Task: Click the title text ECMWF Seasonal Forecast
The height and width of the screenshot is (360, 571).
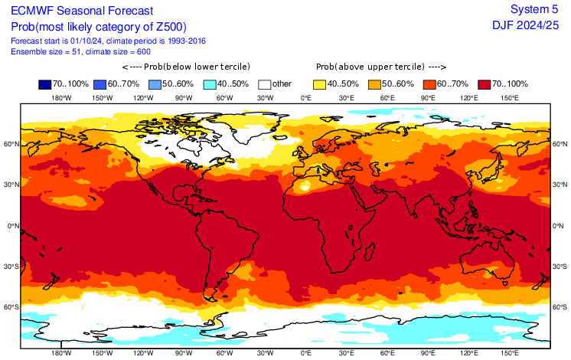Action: (x=82, y=11)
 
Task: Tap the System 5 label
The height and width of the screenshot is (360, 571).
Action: (x=534, y=9)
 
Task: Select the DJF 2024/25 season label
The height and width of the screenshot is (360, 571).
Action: (x=526, y=25)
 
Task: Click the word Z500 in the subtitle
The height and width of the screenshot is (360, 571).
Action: (x=168, y=27)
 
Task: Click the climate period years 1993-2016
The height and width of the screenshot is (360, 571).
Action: (x=187, y=41)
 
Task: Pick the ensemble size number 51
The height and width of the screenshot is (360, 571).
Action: (x=76, y=52)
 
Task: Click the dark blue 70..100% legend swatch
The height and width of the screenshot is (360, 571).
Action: (x=45, y=84)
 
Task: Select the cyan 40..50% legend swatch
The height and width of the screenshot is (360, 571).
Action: (x=210, y=84)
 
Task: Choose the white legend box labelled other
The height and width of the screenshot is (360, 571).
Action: (x=265, y=84)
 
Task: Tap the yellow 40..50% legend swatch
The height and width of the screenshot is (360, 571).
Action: (x=319, y=84)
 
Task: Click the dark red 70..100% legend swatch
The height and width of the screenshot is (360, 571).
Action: (x=485, y=84)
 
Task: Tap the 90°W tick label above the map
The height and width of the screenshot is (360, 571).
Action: (x=184, y=98)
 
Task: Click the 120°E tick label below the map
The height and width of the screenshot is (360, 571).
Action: (x=469, y=353)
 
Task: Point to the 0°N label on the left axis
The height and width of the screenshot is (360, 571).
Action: (x=13, y=226)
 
